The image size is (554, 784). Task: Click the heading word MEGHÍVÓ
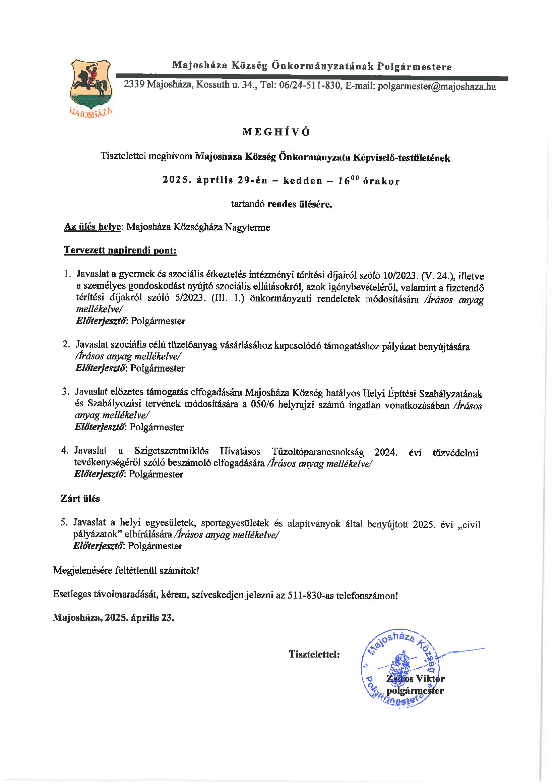tap(276, 132)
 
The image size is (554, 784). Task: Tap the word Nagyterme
tap(247, 227)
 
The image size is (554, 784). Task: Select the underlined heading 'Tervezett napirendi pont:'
tap(120, 250)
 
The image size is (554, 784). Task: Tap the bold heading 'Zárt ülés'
tap(80, 499)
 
